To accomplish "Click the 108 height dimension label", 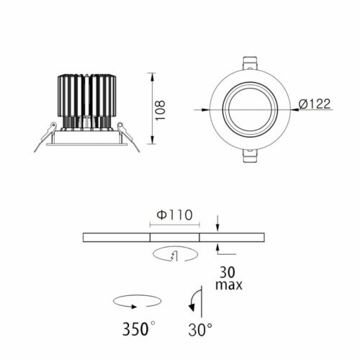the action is point(160,110).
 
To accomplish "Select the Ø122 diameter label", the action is point(315,104).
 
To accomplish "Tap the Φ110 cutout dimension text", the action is point(175,215).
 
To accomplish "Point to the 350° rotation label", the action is point(138,328).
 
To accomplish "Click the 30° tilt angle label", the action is point(200,329).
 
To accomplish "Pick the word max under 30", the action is point(229,285).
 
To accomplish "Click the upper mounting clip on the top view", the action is point(250,63).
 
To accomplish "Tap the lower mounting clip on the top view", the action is point(250,156).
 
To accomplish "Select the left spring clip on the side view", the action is point(45,137).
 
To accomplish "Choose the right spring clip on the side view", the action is point(128,137).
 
